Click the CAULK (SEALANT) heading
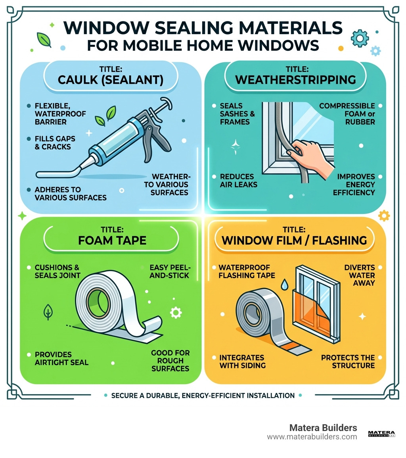(x=110, y=79)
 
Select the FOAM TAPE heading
(x=112, y=240)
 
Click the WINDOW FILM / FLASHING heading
(x=294, y=240)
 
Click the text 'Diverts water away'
(x=359, y=275)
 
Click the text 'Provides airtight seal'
(x=61, y=358)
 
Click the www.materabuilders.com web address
(x=312, y=437)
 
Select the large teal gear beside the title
(x=359, y=38)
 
